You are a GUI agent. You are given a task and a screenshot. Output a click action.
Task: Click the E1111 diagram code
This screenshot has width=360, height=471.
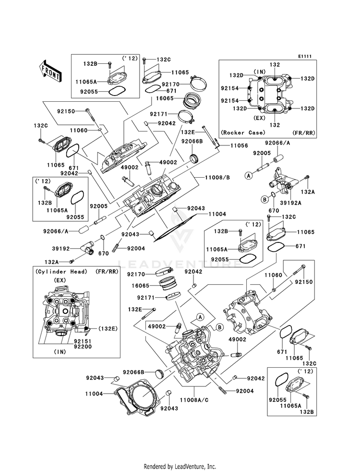pos(305,56)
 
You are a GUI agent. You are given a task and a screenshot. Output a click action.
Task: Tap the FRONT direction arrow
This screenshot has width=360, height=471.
pos(50,71)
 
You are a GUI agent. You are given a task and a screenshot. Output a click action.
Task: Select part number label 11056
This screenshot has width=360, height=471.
pos(239,145)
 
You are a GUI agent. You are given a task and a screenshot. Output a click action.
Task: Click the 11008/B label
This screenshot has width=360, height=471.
pos(217,178)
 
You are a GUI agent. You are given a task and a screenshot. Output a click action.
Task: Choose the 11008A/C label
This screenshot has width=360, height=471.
pos(194,400)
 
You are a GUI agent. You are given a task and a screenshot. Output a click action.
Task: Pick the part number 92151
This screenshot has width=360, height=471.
pos(83,341)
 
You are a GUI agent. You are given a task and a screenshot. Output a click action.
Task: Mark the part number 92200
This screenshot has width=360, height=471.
pos(83,346)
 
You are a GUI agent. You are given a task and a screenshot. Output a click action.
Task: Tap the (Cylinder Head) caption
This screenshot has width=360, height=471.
pos(61,272)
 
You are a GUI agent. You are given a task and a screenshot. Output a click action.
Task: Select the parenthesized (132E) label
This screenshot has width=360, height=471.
pos(107,328)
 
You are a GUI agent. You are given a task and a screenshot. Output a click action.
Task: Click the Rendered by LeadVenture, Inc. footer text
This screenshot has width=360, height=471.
pos(180,466)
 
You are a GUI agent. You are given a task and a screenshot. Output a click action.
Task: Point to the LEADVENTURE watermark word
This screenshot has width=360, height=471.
pos(180,264)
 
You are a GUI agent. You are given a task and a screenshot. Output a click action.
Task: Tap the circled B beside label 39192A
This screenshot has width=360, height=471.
pos(264,199)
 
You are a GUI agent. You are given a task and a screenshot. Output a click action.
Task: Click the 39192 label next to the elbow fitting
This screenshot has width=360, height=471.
pos(60,249)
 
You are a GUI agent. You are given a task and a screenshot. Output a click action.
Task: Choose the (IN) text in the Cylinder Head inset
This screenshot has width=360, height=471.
pos(60,352)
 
